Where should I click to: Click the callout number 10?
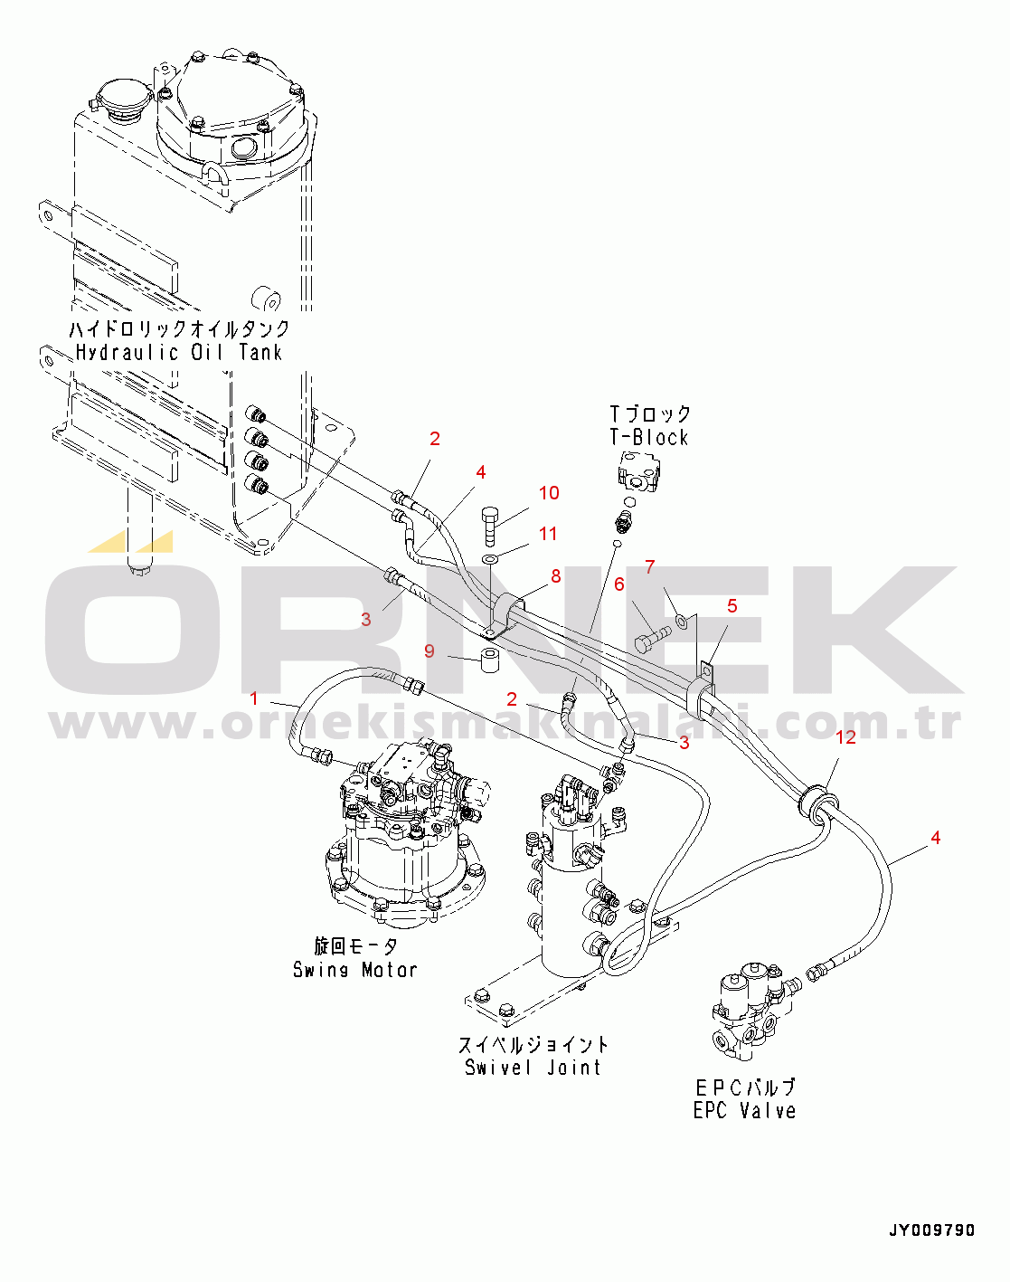click(549, 493)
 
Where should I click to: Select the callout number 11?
click(548, 534)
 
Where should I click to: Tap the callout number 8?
click(556, 576)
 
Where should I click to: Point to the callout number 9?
click(429, 651)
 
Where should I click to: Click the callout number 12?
click(845, 737)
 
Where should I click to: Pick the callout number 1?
click(254, 698)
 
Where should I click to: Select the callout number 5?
click(732, 606)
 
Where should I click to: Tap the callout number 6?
click(619, 584)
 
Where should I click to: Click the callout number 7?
click(649, 567)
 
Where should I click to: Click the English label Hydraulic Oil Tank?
click(179, 353)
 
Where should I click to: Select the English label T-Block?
click(648, 438)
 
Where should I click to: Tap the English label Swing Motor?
click(354, 970)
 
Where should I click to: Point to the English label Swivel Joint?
click(533, 1068)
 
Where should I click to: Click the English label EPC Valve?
click(744, 1111)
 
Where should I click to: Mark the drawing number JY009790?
click(931, 1230)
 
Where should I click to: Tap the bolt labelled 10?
click(490, 525)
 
